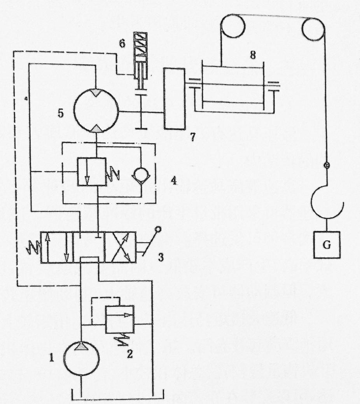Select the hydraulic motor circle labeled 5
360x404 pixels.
tap(95, 112)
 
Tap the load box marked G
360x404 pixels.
tap(327, 246)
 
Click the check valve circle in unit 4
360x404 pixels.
tap(138, 173)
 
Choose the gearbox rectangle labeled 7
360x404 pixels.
tap(174, 98)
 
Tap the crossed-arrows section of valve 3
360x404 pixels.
tap(119, 248)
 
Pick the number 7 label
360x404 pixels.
tap(192, 136)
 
